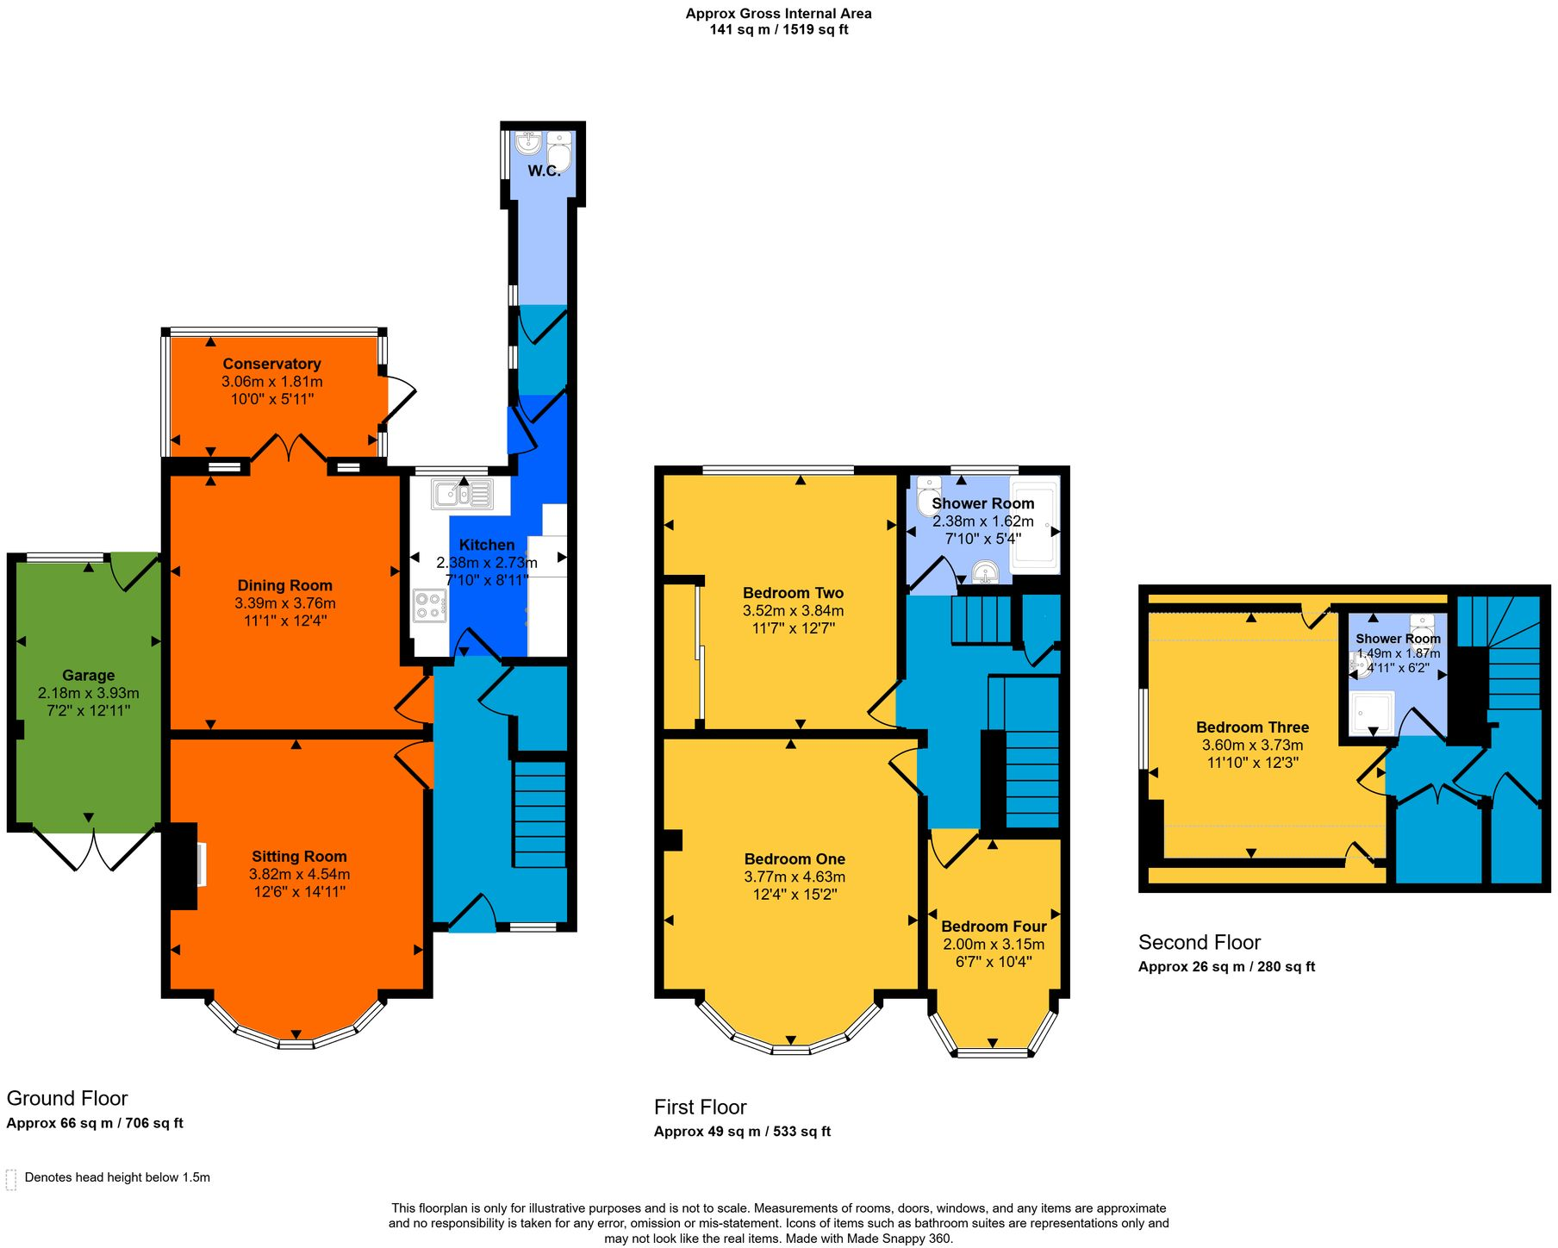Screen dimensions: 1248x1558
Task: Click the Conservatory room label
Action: coord(271,364)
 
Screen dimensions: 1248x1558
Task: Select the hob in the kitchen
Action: coord(429,605)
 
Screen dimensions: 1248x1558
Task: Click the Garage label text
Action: coord(88,676)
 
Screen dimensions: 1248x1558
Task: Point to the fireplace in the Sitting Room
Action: coord(184,865)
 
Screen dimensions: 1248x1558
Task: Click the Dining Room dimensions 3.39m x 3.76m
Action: coord(285,603)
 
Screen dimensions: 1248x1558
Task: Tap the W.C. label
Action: coord(544,171)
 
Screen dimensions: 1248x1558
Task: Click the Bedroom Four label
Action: coord(994,927)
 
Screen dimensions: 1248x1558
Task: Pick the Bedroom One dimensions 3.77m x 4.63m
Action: coord(795,877)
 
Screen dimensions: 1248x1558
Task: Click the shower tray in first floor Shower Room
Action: coord(1035,525)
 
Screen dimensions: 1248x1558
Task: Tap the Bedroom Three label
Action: coord(1252,727)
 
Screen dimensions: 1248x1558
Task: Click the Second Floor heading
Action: coord(1199,942)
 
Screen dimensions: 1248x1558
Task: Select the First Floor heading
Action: coord(700,1107)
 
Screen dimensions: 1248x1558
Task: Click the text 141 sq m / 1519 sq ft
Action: coord(778,29)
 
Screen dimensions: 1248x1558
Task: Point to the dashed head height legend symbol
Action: coord(11,1179)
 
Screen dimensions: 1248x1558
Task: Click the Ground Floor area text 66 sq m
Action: coord(95,1123)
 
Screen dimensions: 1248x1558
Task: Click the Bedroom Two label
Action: coord(793,593)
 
